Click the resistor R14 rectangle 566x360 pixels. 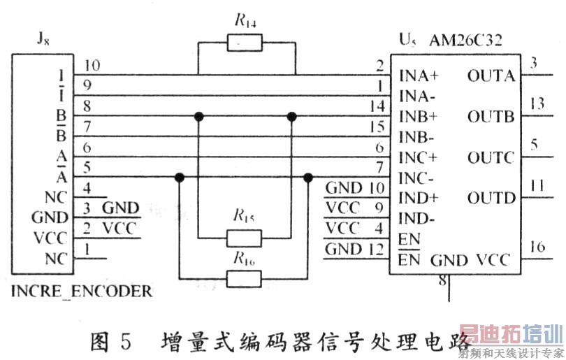click(x=245, y=45)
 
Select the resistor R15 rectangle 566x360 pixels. click(x=245, y=239)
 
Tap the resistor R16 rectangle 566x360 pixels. click(x=245, y=280)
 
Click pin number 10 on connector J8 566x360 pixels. click(x=91, y=66)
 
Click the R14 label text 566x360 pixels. click(x=245, y=20)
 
